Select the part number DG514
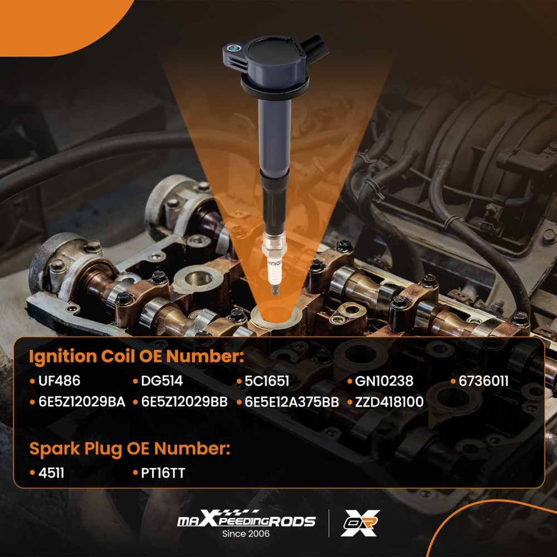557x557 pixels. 161,381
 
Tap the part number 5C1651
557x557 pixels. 267,381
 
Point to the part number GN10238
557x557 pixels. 384,381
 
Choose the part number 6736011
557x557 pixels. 483,381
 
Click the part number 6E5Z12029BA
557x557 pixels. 81,402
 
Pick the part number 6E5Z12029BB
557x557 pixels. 184,402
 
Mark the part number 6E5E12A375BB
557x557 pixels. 292,402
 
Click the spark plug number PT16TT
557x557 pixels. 163,473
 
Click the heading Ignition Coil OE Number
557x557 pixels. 136,357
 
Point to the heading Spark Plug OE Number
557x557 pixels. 130,448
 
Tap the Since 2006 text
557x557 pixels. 246,534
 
